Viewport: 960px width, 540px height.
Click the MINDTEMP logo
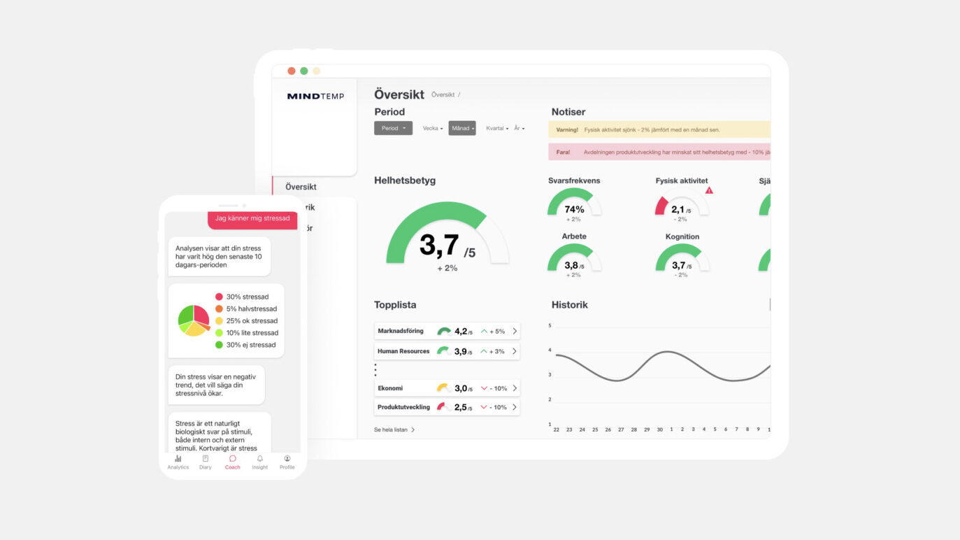315,97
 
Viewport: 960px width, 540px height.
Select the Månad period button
461,129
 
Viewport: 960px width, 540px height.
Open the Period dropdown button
393,129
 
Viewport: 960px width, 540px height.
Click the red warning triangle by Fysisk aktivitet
709,190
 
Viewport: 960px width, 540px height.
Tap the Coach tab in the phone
232,462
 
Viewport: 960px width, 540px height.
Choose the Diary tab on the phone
205,462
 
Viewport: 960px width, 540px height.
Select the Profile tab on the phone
287,462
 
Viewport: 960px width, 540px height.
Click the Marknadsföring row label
401,332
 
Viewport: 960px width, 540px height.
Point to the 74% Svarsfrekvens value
574,209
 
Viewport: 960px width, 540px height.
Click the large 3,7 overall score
440,246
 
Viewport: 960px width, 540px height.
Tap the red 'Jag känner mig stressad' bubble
252,218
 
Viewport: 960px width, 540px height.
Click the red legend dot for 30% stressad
219,297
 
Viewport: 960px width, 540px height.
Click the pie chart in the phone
194,320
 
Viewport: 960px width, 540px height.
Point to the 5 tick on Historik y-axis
550,326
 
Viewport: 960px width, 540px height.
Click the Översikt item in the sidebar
301,187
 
